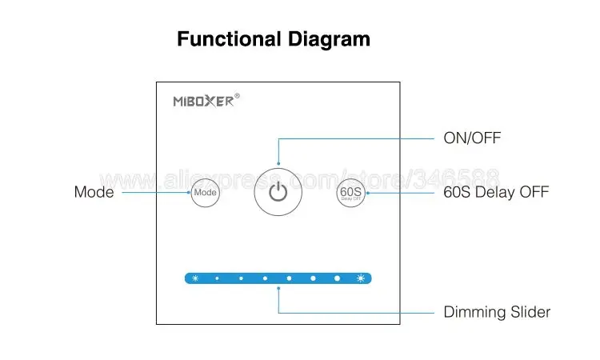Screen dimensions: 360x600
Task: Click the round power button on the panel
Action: coord(278,192)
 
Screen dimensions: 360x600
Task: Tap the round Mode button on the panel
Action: coord(205,193)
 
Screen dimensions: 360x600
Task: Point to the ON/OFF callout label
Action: coord(472,138)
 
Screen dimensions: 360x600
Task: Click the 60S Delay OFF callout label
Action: coord(496,193)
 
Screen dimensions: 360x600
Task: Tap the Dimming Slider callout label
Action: coord(497,312)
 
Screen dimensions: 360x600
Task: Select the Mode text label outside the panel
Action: coord(94,193)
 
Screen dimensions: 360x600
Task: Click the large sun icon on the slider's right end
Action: coord(362,278)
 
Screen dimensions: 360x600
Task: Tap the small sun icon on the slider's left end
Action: coord(194,278)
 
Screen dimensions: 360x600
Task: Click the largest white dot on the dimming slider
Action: coord(338,278)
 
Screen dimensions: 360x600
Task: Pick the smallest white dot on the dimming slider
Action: coord(217,278)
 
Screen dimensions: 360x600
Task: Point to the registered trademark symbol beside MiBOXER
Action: coord(237,97)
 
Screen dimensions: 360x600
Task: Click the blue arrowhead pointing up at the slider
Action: coord(278,290)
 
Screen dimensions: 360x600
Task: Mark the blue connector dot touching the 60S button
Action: coord(366,193)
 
